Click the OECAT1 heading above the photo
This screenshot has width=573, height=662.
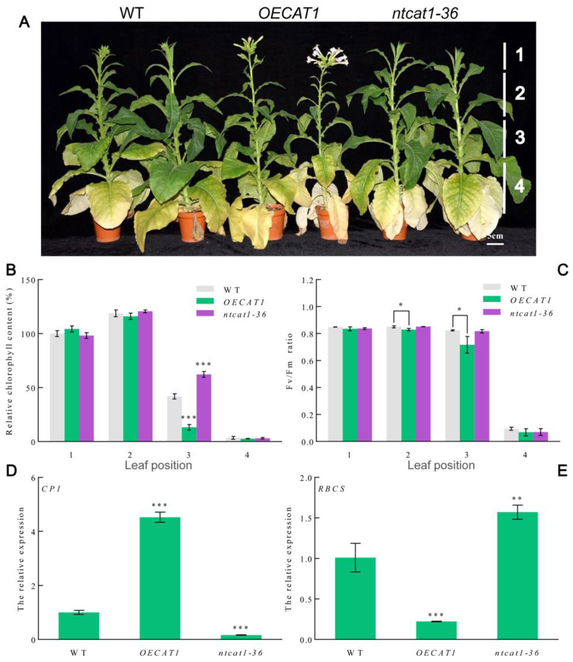(288, 13)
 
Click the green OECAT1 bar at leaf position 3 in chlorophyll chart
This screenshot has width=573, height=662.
(189, 434)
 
